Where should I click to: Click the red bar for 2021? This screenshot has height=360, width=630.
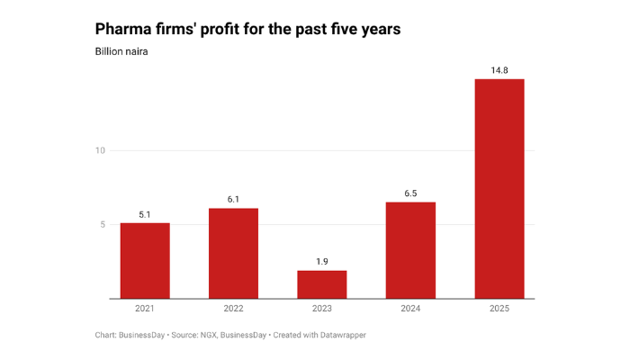click(145, 260)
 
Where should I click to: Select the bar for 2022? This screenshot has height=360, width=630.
click(233, 253)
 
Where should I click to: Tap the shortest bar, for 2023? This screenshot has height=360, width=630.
click(322, 284)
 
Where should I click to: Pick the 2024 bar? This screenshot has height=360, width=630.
click(410, 250)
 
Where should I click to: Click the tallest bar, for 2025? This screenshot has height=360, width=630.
click(499, 189)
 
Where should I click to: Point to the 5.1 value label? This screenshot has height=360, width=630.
click(145, 214)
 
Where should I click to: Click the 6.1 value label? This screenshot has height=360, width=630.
click(233, 200)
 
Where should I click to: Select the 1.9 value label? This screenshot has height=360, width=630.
click(322, 262)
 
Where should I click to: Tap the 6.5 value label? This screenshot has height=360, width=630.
click(410, 193)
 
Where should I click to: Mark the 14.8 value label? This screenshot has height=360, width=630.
click(499, 70)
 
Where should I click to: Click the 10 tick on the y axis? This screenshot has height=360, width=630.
click(101, 150)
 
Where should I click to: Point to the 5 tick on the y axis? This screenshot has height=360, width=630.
click(103, 225)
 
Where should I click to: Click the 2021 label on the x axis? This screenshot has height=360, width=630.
click(145, 310)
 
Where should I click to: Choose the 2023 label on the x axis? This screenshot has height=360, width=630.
click(322, 310)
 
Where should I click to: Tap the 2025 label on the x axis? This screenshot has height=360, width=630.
click(499, 310)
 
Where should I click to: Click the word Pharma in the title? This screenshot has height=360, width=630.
click(126, 29)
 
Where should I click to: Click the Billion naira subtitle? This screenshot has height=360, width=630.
click(121, 51)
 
